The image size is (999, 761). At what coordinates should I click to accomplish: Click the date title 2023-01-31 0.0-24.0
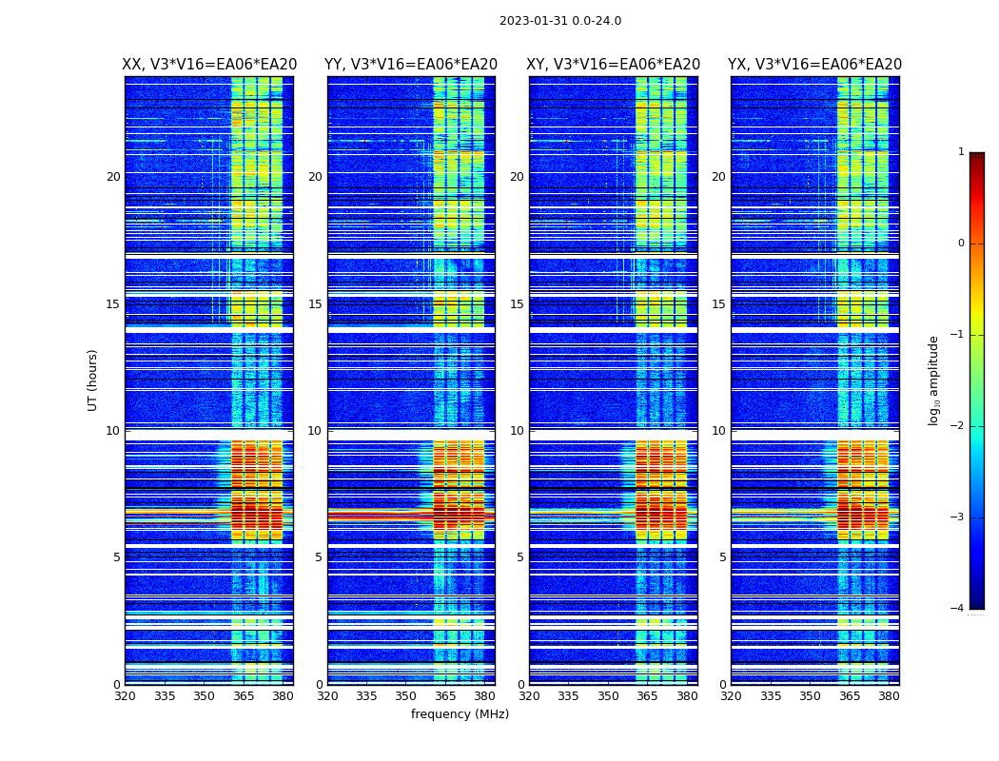tap(559, 21)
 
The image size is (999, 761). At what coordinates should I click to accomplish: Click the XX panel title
tap(209, 65)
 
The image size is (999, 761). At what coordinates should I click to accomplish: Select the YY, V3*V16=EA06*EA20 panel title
tap(411, 65)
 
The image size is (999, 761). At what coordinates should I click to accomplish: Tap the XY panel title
tap(614, 65)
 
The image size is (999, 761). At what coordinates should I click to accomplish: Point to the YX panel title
tap(814, 65)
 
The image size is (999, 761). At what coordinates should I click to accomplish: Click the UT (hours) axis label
tap(93, 380)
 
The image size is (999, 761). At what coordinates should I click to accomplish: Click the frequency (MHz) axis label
tap(460, 714)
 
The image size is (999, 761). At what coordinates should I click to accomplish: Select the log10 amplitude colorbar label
tap(934, 380)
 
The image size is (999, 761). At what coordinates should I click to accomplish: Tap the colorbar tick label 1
tap(961, 152)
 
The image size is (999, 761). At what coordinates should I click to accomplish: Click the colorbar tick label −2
tap(959, 426)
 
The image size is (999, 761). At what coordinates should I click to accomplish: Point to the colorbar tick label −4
tap(959, 609)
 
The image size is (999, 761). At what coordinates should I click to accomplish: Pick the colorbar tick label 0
tap(961, 244)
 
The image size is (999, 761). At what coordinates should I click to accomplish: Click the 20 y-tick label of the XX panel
tap(113, 177)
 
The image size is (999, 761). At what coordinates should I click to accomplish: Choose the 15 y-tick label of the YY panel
tap(315, 304)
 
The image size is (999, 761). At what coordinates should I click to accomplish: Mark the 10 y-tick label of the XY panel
tap(517, 431)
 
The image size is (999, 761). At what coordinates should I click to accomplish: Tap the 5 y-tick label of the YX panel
tap(723, 557)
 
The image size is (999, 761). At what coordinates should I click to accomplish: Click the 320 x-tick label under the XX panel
tap(125, 696)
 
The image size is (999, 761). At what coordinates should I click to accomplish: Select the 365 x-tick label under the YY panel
tap(445, 696)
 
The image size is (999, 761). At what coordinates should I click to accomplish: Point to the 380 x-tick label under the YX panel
tap(889, 696)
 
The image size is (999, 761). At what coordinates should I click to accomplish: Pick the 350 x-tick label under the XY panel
tap(608, 696)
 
